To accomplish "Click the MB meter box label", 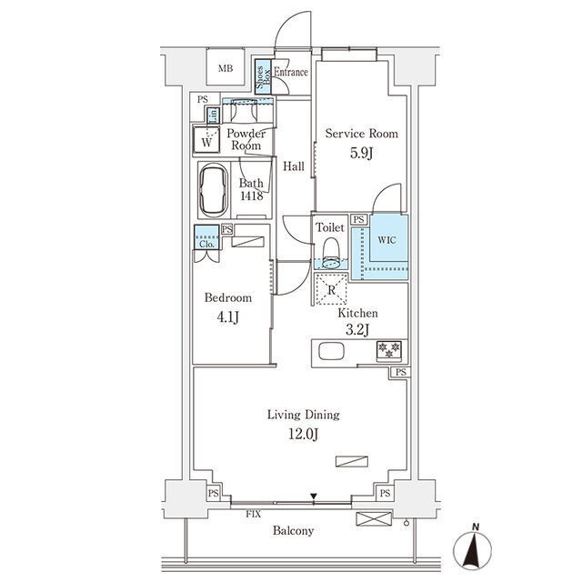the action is coord(226,69).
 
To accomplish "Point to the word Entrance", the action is coord(291,72).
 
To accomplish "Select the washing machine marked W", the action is coord(206,139).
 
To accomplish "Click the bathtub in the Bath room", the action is coord(214,189).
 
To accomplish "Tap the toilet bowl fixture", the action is coord(330,253).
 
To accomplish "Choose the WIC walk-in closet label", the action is coord(386,240).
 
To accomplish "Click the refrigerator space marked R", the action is coord(331,289).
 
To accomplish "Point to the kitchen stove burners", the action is coord(389,351).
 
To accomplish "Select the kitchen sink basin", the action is coord(331,351).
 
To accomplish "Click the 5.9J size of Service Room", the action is coord(361,154).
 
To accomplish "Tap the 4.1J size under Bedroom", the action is coord(228,317).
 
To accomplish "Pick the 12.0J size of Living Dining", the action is coord(303,434).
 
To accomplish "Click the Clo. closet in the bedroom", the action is coord(206,236).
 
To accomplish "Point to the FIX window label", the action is coord(253,514).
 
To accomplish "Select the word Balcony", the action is coord(293,531).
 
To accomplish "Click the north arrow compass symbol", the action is coord(472,547).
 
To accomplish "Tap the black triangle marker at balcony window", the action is coord(314,497).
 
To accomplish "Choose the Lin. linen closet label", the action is coord(214,115).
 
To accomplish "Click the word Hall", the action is coord(294,166).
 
